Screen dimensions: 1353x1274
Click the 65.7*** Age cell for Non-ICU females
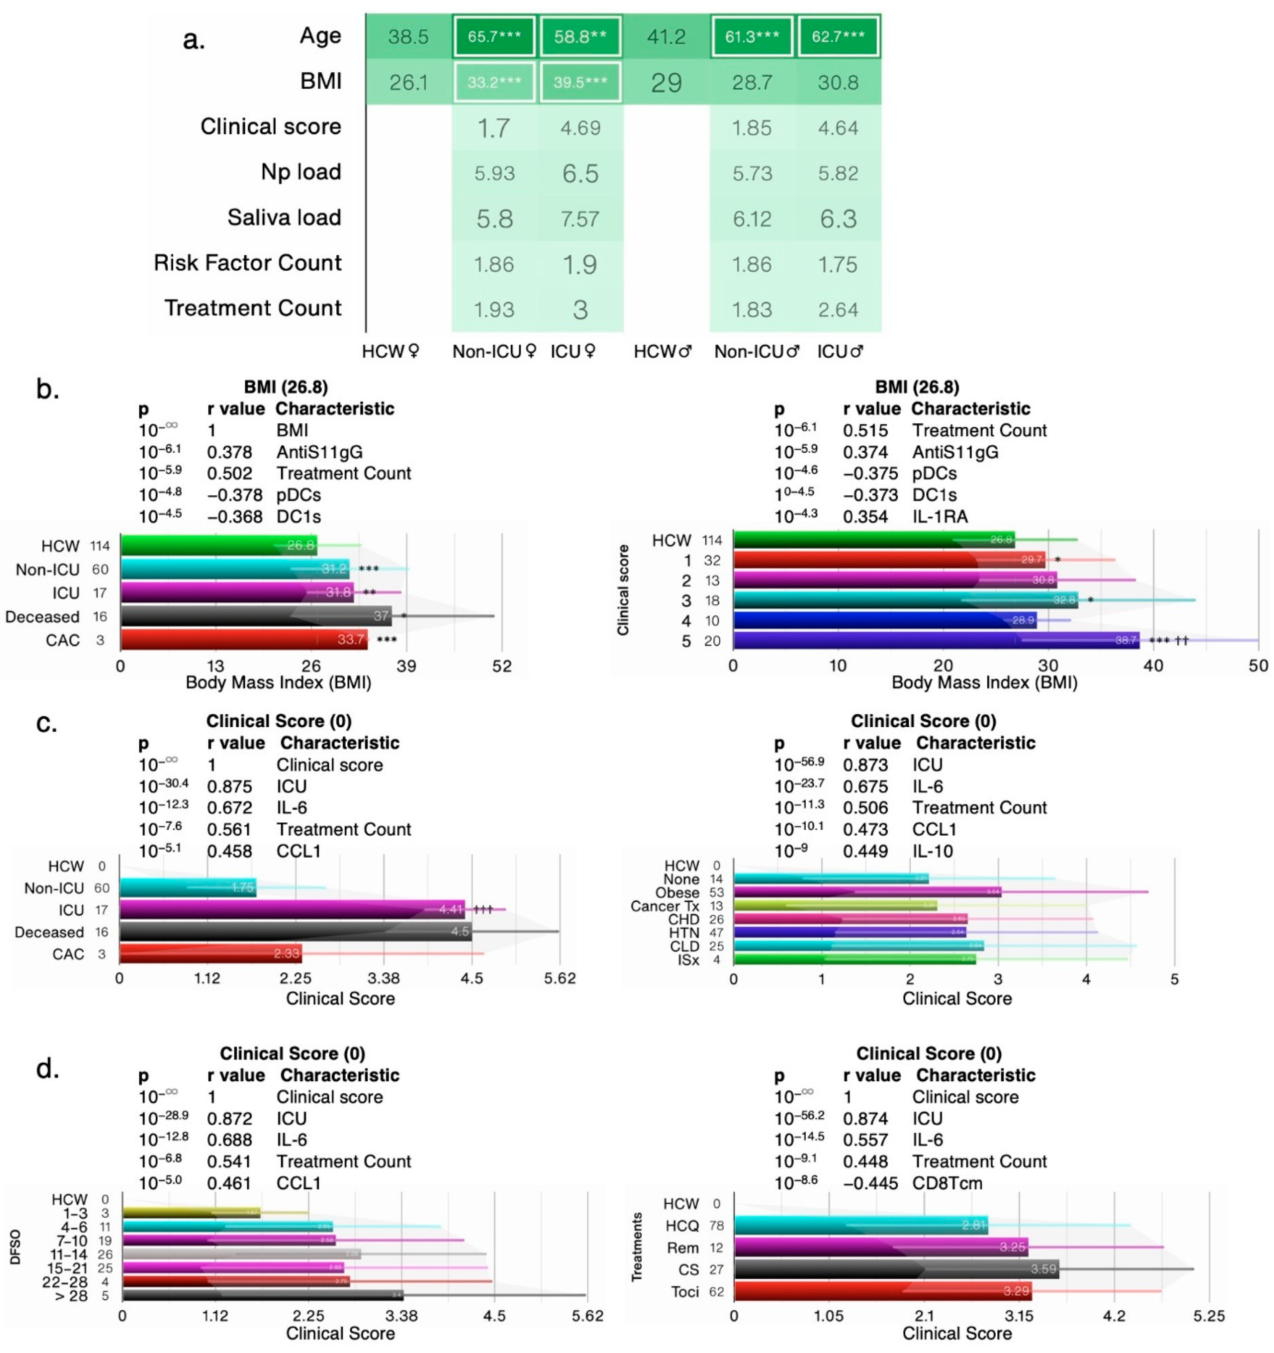494,37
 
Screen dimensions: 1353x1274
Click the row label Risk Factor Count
248,263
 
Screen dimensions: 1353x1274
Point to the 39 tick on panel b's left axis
406,666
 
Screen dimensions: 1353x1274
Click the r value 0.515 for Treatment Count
865,431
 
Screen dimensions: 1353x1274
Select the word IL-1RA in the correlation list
939,517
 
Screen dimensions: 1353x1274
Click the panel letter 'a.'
194,40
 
